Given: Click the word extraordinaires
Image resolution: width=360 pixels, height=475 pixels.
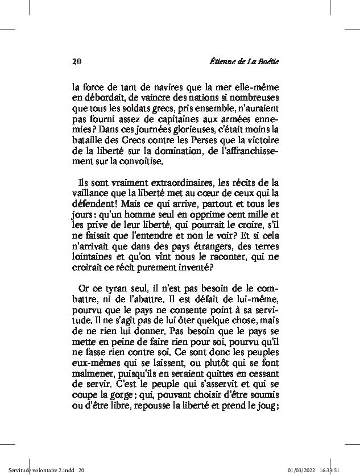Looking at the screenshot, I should [175, 184].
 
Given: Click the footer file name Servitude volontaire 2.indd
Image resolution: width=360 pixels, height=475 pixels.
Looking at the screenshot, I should [38, 470].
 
